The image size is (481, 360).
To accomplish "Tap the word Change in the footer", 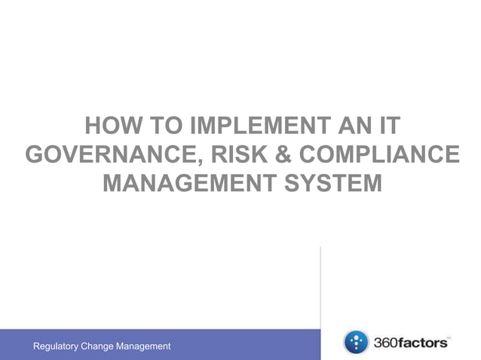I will click(100, 346).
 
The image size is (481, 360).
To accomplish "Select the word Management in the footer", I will click(146, 346).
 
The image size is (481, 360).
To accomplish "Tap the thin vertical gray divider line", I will click(321, 286).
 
